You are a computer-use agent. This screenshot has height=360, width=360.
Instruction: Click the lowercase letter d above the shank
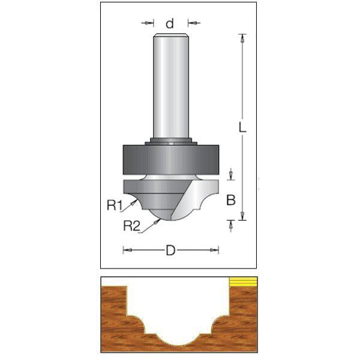(x=170, y=23)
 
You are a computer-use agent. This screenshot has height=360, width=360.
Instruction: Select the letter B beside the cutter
(x=230, y=201)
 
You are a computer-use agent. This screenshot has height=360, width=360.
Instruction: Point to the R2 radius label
(x=131, y=226)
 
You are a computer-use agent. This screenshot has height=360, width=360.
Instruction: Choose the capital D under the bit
(x=170, y=251)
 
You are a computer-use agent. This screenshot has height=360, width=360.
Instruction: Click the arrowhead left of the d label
(x=151, y=23)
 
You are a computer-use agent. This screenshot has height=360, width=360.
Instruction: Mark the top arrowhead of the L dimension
(x=242, y=37)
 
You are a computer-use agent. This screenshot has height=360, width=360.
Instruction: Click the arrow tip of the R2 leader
(x=160, y=220)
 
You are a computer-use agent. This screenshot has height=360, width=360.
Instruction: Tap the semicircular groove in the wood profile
(x=178, y=330)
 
